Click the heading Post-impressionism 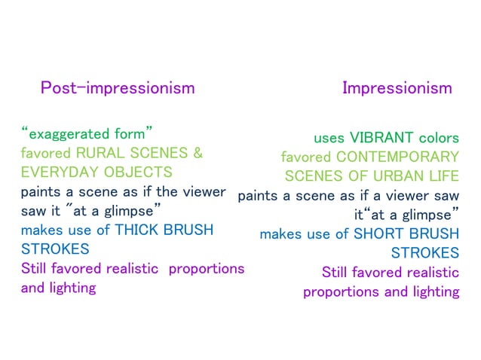(x=117, y=88)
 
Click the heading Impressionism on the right (x=397, y=88)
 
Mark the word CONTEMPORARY (x=397, y=157)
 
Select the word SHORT (x=382, y=234)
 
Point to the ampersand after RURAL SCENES (x=198, y=153)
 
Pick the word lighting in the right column (x=433, y=291)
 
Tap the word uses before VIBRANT (x=329, y=138)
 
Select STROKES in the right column (x=424, y=253)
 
